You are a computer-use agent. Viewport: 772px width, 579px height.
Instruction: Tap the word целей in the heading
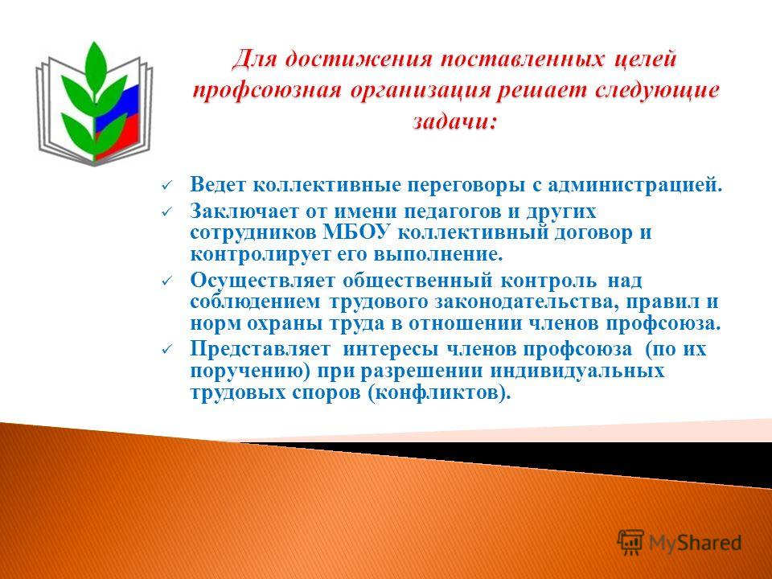pyautogui.click(x=645, y=60)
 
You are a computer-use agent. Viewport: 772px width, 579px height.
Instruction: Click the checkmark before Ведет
pyautogui.click(x=166, y=186)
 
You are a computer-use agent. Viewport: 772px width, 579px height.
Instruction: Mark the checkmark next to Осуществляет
pyautogui.click(x=166, y=281)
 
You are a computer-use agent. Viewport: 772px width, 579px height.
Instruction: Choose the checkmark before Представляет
pyautogui.click(x=166, y=350)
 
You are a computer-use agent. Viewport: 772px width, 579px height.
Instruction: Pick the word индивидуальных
pyautogui.click(x=577, y=370)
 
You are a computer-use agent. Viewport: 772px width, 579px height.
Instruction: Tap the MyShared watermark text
pyautogui.click(x=695, y=543)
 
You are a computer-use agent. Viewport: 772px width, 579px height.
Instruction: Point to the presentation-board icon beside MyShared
pyautogui.click(x=630, y=543)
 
